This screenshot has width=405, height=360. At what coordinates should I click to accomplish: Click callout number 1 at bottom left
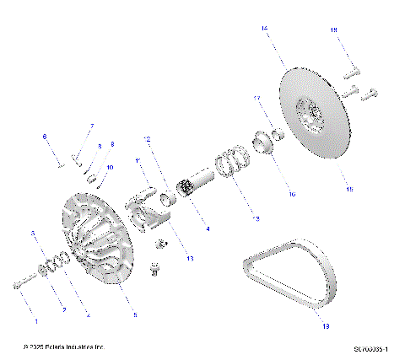pos(35,321)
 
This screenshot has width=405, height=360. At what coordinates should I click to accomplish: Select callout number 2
pos(63,310)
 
